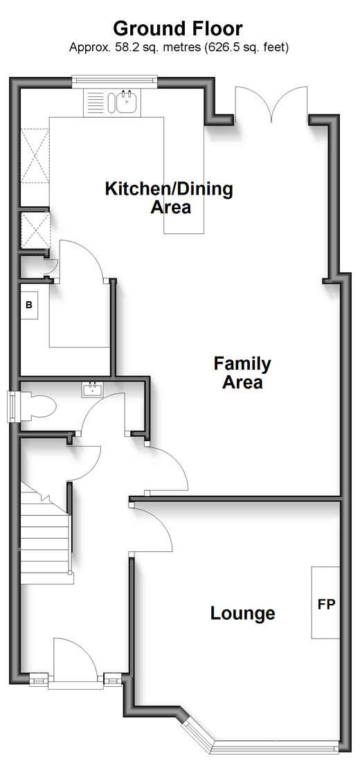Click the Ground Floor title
point(177,28)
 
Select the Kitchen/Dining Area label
point(170,197)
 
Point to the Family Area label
point(242,373)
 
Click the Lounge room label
point(242,614)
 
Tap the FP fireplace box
point(325,602)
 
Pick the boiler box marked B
point(29,305)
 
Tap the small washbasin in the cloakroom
point(92,390)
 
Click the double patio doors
point(271,103)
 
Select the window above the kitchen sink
point(115,81)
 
